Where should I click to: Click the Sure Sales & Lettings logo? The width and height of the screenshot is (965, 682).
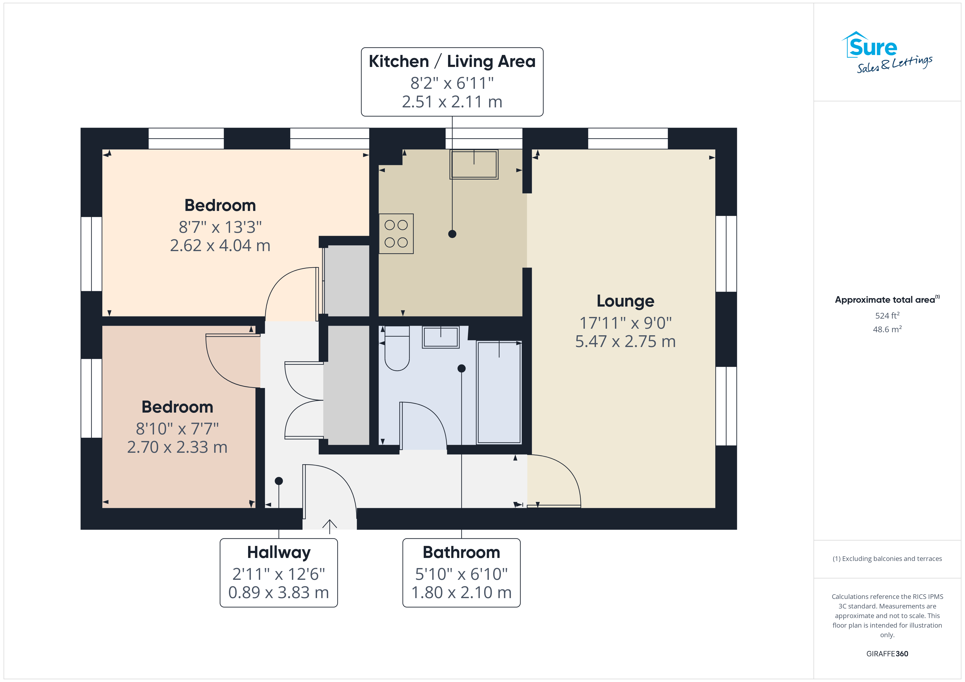[x=887, y=52]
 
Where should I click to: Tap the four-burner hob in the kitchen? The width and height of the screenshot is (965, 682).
[x=396, y=234]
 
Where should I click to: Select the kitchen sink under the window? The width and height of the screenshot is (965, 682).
[x=474, y=164]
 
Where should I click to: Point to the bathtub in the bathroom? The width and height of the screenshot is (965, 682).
[x=499, y=392]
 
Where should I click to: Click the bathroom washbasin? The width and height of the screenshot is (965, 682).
[x=440, y=337]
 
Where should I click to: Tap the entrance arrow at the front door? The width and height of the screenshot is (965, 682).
[x=330, y=527]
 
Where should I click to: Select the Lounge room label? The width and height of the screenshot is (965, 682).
[x=625, y=301]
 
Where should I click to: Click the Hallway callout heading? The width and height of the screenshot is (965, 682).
[x=279, y=552]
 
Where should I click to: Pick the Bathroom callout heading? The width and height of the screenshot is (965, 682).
[x=461, y=552]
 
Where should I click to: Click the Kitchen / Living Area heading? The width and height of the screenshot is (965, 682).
[x=452, y=61]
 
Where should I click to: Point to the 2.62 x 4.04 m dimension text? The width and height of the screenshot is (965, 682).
[x=220, y=245]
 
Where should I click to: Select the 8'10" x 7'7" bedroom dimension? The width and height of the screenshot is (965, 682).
[x=177, y=429]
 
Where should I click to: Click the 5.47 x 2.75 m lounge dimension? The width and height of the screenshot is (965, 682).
[x=625, y=342]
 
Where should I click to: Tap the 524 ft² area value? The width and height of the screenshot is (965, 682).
[x=887, y=315]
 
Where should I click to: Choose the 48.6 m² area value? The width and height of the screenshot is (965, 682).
[x=887, y=329]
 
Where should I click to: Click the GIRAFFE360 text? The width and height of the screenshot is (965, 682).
[x=887, y=654]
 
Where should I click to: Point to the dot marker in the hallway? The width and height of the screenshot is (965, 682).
[x=279, y=481]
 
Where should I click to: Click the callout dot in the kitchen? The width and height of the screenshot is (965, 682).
[x=452, y=234]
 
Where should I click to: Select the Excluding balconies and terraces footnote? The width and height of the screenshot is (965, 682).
[x=887, y=558]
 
